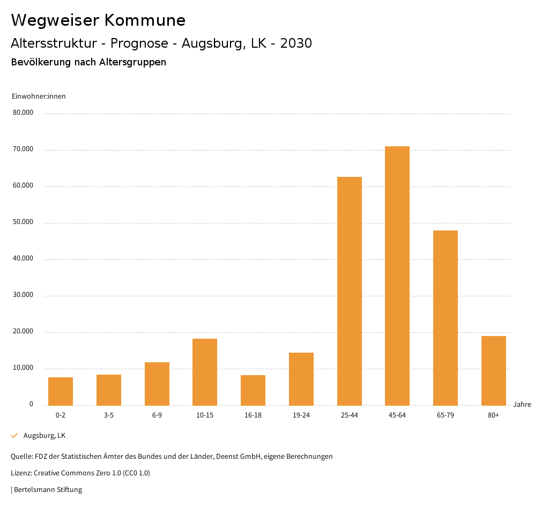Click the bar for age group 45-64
397,275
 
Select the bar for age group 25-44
349,291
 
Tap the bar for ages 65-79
445,318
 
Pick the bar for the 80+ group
493,370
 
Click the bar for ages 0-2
61,391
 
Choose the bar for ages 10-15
205,372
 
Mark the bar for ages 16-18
253,390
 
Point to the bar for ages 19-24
301,379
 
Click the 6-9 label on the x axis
157,415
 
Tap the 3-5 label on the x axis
109,415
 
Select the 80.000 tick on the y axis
23,113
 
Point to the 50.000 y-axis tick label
23,222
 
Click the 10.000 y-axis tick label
23,368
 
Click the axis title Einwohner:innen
39,96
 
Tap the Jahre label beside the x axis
522,405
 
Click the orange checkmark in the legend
14,436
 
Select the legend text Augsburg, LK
44,436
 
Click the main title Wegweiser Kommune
98,20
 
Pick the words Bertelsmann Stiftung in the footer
48,490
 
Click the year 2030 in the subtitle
296,43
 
